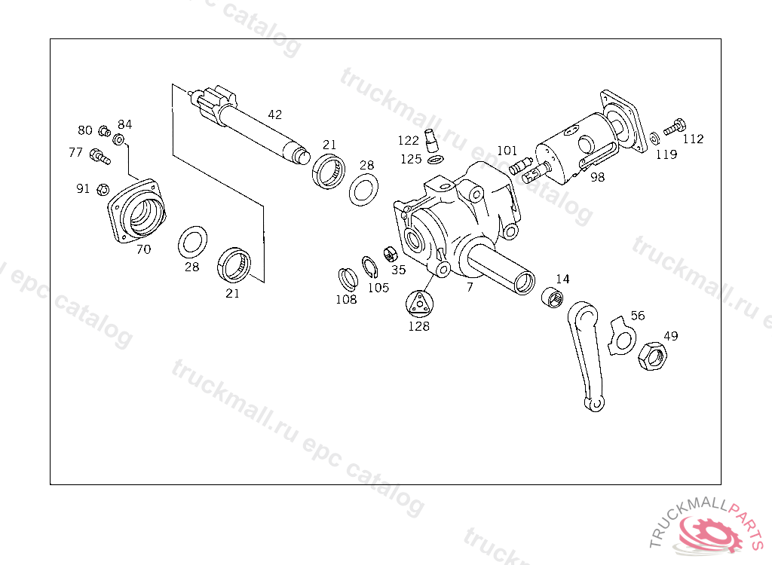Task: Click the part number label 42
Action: pyautogui.click(x=275, y=115)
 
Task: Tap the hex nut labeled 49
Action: pyautogui.click(x=651, y=354)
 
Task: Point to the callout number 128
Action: pyautogui.click(x=418, y=326)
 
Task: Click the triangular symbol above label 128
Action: pyautogui.click(x=418, y=304)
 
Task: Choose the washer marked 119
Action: pyautogui.click(x=654, y=138)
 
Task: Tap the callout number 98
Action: pyautogui.click(x=598, y=178)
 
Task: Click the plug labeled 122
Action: pyautogui.click(x=432, y=142)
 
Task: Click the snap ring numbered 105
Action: pyautogui.click(x=370, y=267)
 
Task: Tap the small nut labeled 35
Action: pyautogui.click(x=391, y=253)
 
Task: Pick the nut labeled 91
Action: pyautogui.click(x=104, y=188)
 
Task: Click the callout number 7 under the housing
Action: pyautogui.click(x=470, y=287)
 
